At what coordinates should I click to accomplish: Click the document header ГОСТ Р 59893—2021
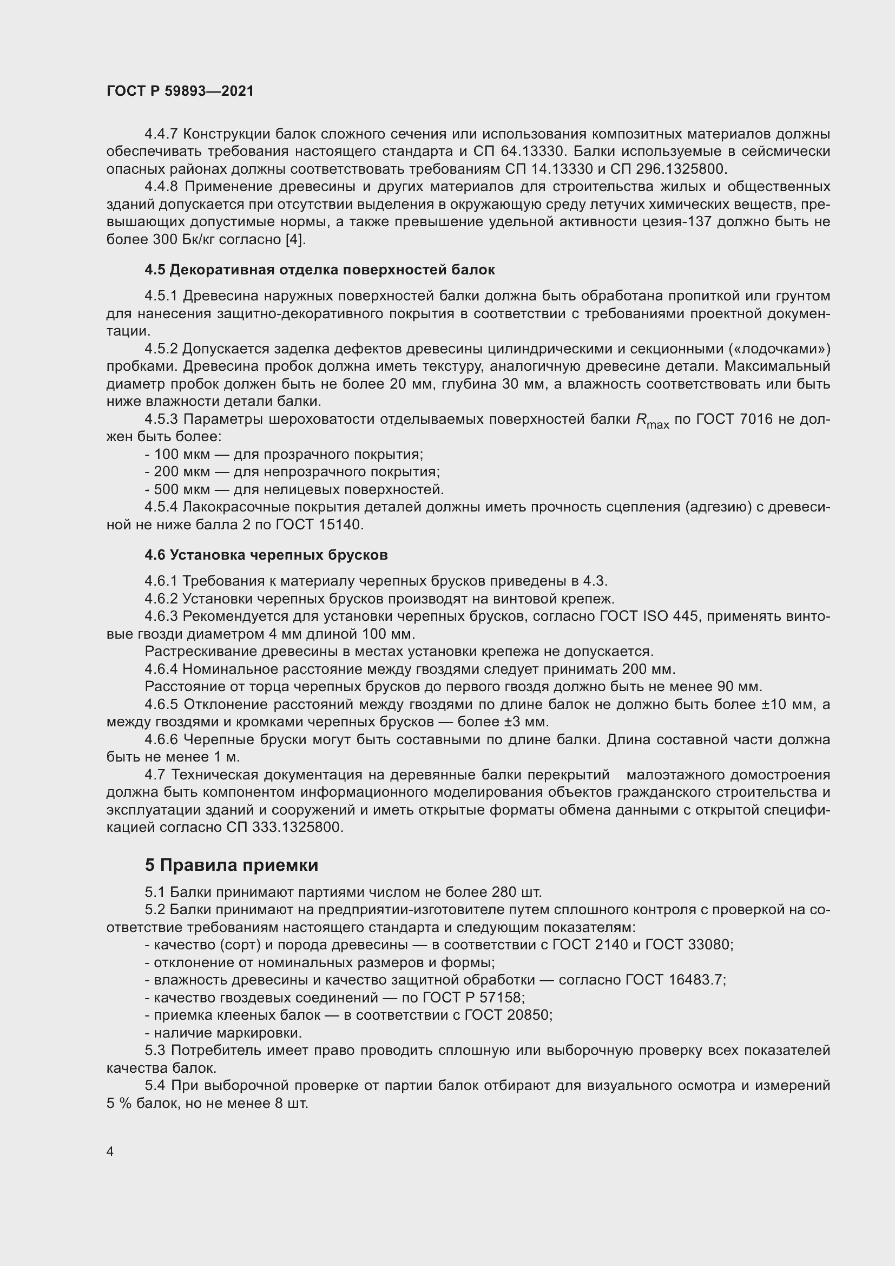(180, 91)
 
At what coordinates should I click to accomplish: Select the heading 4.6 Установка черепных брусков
(266, 555)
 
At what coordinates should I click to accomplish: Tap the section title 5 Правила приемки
(232, 865)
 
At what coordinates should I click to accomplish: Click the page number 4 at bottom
(110, 1152)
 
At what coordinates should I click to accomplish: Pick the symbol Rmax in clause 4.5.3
(652, 421)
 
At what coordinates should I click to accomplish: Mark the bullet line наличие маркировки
(228, 1033)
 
